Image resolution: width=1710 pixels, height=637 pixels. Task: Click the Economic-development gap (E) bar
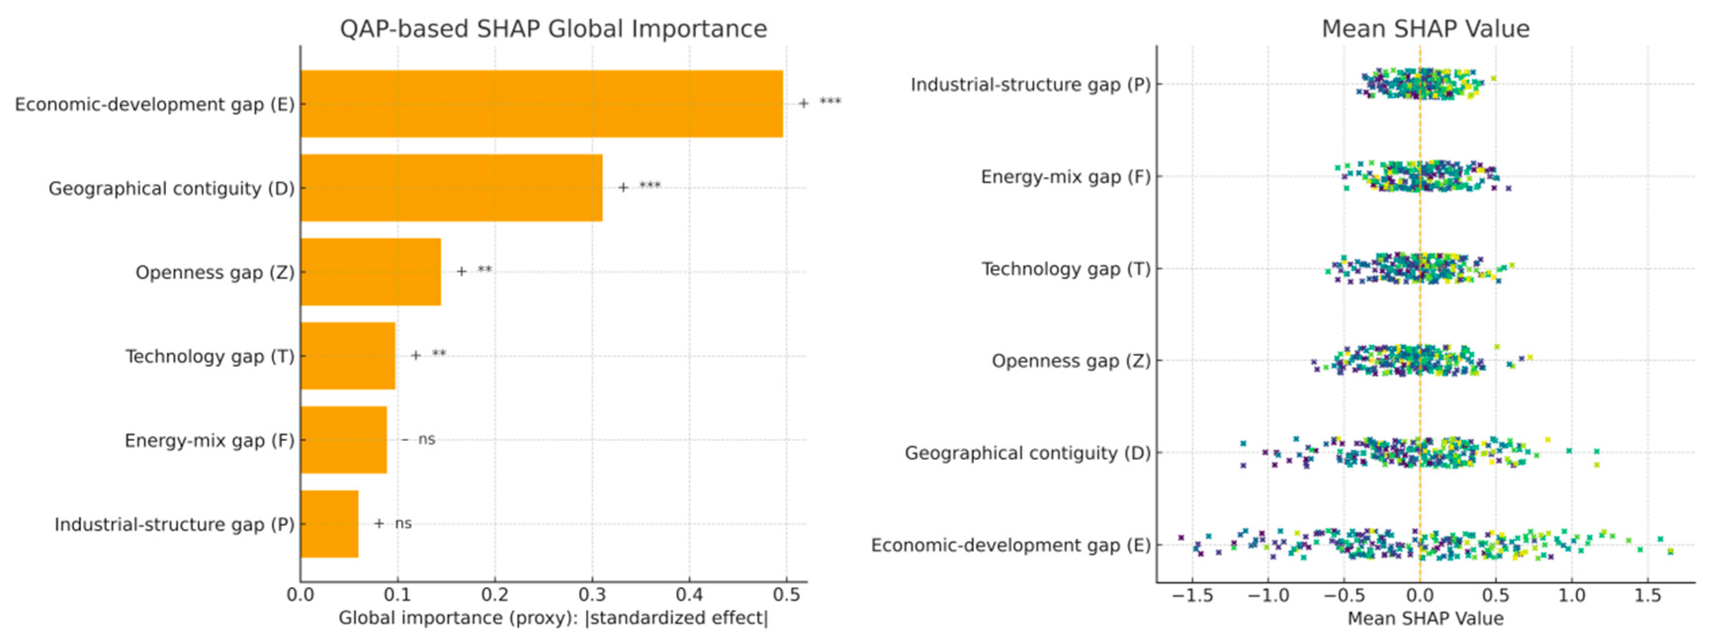point(541,104)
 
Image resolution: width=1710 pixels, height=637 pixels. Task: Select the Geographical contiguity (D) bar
point(451,188)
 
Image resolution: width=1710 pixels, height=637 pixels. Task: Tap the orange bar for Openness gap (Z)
point(370,272)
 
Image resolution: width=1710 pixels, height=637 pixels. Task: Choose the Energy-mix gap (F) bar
point(343,439)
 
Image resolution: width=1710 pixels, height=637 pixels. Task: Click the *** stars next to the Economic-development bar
point(830,102)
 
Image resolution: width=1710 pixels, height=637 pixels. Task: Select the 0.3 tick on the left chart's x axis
point(592,595)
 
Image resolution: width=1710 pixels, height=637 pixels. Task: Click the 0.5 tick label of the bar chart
point(786,595)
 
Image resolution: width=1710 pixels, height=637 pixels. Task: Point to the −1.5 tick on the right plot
point(1192,595)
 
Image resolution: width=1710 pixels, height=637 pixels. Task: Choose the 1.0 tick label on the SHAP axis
point(1571,595)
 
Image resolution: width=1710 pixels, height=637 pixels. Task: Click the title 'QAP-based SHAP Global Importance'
point(553,29)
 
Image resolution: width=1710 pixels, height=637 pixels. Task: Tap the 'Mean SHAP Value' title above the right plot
point(1425,29)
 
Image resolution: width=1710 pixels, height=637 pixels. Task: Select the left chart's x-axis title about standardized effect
point(553,618)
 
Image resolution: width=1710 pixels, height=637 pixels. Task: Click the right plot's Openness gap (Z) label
point(1071,361)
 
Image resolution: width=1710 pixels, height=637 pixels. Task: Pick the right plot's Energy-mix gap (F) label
point(1066,177)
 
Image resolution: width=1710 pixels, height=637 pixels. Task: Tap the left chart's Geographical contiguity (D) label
point(171,189)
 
